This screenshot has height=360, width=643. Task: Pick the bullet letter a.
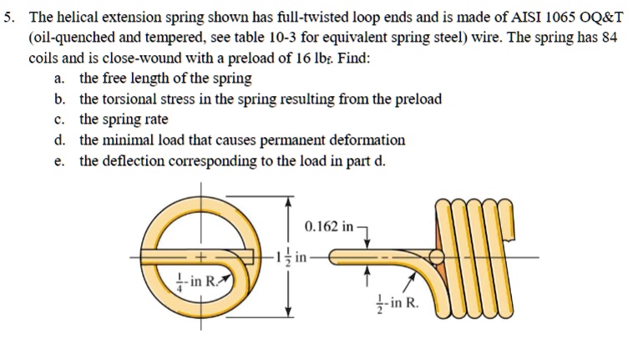[x=58, y=79]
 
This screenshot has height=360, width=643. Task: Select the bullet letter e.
[x=58, y=160]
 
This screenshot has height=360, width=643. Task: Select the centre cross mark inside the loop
[x=200, y=256]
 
